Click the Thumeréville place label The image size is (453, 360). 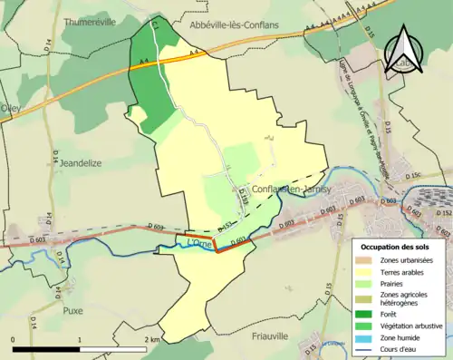pyautogui.click(x=90, y=23)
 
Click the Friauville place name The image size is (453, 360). pyautogui.click(x=267, y=335)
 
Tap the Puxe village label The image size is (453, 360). pyautogui.click(x=72, y=310)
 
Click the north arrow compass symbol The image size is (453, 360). pyautogui.click(x=401, y=49)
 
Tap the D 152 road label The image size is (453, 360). pyautogui.click(x=443, y=213)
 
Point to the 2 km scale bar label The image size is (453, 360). pyautogui.click(x=155, y=339)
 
